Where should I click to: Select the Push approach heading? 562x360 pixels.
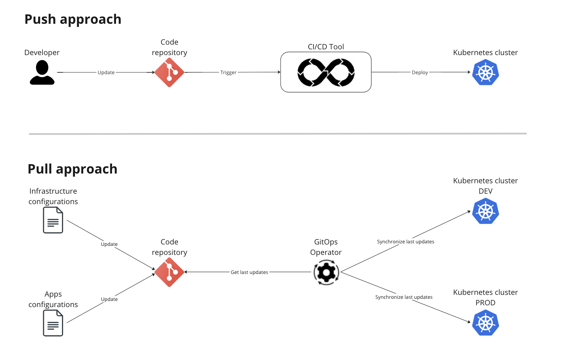(73, 19)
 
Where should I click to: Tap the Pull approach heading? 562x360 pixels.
(72, 169)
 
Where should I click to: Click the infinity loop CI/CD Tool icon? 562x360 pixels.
(326, 72)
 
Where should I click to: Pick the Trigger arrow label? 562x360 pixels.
(228, 72)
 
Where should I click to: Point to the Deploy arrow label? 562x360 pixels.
(420, 72)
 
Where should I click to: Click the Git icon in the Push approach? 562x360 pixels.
(169, 72)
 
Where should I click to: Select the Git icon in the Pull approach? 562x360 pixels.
(169, 272)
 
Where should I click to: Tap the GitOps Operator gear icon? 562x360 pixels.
(326, 273)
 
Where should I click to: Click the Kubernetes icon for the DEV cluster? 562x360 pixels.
(486, 211)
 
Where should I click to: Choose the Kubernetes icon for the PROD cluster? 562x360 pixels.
(486, 323)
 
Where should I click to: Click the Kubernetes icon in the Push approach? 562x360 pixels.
(486, 72)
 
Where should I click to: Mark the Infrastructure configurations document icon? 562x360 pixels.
(53, 220)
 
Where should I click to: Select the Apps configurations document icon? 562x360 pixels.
(53, 323)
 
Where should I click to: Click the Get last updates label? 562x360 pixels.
(249, 272)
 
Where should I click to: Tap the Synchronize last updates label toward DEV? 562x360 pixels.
(405, 242)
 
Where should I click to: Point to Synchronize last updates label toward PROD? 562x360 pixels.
(403, 297)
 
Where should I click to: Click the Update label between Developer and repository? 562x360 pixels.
(106, 72)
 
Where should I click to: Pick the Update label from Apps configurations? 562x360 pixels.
(109, 299)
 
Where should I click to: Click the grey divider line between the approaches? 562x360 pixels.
(277, 134)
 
